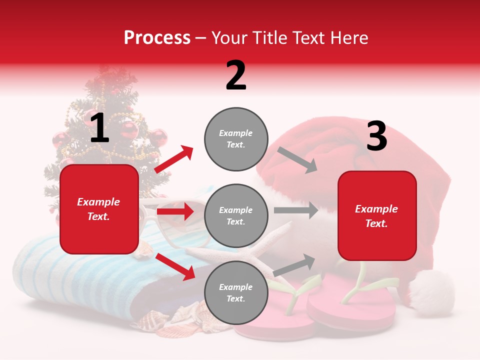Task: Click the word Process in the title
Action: click(157, 38)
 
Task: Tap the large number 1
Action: click(99, 128)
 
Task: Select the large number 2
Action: click(236, 75)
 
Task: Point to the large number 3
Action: click(376, 136)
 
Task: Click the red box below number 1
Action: click(99, 209)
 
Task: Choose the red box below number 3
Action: click(377, 216)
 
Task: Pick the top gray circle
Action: click(235, 139)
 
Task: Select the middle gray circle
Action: click(235, 216)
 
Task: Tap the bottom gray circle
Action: click(235, 293)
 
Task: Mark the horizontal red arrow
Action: click(175, 211)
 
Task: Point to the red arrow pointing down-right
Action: click(175, 266)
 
